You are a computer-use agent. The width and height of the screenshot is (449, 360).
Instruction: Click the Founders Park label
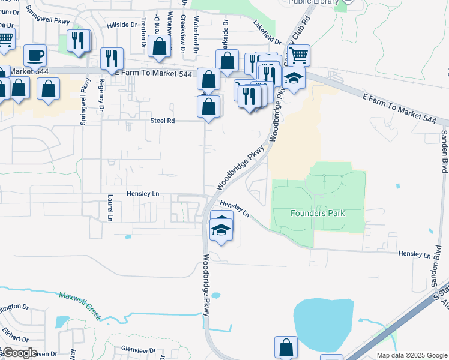point(317,213)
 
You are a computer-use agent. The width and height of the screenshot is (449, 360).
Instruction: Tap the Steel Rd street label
point(162,121)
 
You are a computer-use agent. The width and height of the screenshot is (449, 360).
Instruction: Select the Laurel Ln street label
point(110,208)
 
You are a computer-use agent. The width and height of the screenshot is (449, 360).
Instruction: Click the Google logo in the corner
point(19,353)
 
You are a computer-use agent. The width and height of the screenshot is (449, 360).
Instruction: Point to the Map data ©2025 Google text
point(411,355)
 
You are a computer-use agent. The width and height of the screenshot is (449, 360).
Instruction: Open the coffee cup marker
point(35,55)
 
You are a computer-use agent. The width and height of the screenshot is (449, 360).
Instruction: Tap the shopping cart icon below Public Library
point(298,55)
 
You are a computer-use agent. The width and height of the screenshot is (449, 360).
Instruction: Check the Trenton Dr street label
point(143,33)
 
